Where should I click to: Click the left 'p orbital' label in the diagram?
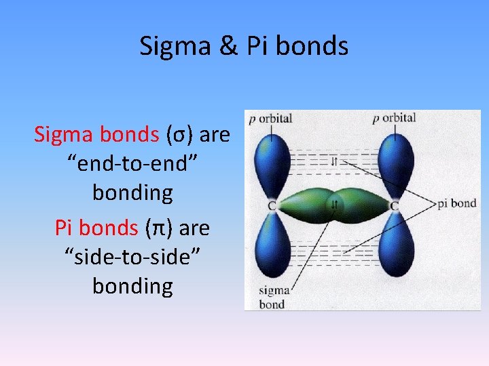[x=270, y=119]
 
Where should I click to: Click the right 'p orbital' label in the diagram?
[x=394, y=118]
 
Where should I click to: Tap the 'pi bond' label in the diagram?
[x=457, y=203]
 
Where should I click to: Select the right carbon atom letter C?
[x=395, y=205]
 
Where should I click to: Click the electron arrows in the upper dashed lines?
[x=334, y=161]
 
